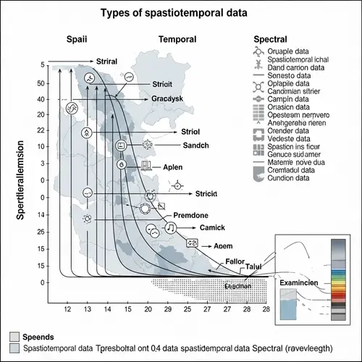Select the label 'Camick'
(213, 227)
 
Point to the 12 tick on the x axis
(67, 310)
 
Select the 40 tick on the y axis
(43, 99)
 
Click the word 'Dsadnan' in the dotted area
(237, 287)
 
